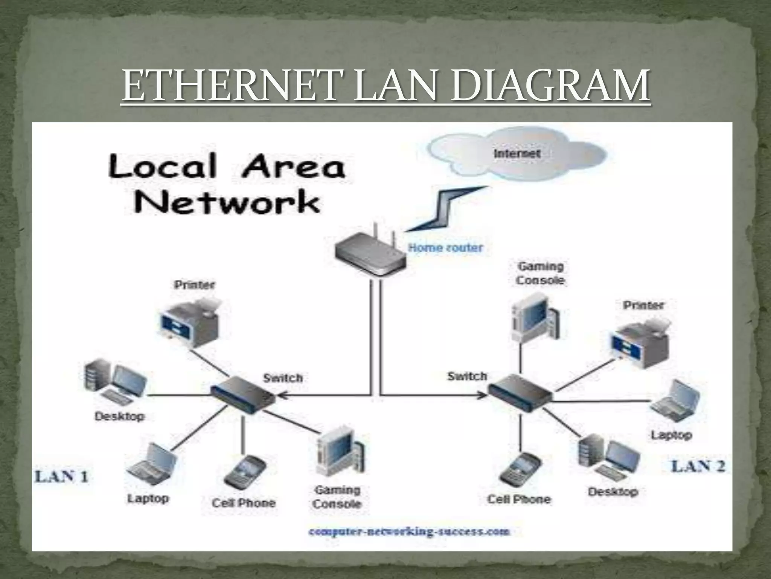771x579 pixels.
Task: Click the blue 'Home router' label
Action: [445, 248]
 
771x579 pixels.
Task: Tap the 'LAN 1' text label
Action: [62, 477]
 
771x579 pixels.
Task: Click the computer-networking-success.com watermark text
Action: [409, 532]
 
